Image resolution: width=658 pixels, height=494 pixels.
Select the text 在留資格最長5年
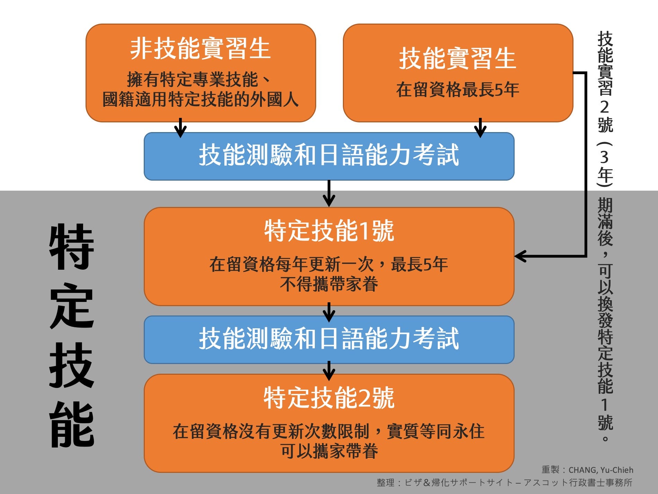457,89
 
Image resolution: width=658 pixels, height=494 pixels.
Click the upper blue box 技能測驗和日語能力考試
329,156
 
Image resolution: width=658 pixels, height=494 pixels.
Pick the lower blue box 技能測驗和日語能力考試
329,339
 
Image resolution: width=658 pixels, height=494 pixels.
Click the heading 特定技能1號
329,231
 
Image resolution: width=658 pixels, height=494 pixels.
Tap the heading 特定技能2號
329,398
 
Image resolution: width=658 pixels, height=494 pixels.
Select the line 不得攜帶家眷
329,284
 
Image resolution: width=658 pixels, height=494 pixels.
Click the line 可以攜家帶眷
329,451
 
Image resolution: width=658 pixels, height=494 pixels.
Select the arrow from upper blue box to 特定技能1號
329,194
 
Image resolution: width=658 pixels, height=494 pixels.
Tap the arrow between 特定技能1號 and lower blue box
329,312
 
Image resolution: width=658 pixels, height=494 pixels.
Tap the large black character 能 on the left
72,425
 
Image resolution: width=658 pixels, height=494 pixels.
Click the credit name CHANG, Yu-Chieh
601,470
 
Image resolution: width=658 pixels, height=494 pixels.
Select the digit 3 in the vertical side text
605,157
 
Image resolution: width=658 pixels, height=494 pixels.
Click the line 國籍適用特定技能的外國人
200,100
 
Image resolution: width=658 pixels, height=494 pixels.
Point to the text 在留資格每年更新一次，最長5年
329,264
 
